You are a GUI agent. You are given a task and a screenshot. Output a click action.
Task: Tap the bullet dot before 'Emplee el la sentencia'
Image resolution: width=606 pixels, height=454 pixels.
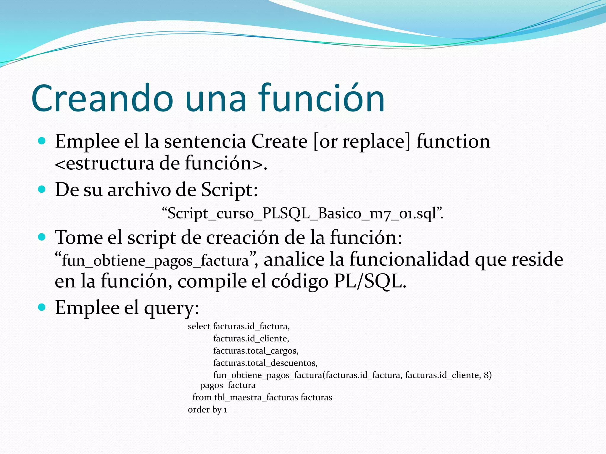pyautogui.click(x=42, y=141)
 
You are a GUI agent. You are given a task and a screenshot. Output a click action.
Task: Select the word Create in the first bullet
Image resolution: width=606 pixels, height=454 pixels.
pyautogui.click(x=279, y=141)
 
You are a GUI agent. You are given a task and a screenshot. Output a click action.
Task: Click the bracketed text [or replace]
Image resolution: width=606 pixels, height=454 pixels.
pyautogui.click(x=362, y=141)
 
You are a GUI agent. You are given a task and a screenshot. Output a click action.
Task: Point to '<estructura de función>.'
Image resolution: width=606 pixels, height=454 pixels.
pyautogui.click(x=161, y=163)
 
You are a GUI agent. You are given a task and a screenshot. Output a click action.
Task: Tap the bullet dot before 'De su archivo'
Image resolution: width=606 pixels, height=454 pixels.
pyautogui.click(x=42, y=189)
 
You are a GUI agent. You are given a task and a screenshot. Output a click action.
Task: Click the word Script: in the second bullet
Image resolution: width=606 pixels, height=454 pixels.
pyautogui.click(x=229, y=190)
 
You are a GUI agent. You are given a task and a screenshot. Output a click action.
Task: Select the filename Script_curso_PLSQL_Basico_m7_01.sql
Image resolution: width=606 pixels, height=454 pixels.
pyautogui.click(x=302, y=213)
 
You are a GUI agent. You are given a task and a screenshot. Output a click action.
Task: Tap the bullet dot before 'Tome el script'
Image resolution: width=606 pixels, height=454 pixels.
pyautogui.click(x=42, y=237)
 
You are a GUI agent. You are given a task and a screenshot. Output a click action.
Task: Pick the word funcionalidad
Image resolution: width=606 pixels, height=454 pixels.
pyautogui.click(x=410, y=260)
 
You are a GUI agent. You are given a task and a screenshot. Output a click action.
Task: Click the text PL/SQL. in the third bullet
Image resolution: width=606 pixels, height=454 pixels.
pyautogui.click(x=370, y=281)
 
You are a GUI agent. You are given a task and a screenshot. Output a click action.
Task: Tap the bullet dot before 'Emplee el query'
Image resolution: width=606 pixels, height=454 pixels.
pyautogui.click(x=42, y=307)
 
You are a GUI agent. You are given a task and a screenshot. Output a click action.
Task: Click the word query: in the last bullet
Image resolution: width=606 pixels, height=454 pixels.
pyautogui.click(x=171, y=308)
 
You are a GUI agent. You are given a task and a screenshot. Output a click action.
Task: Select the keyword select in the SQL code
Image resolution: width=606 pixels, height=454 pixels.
pyautogui.click(x=199, y=326)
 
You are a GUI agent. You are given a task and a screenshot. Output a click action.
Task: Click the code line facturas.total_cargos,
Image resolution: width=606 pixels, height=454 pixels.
pyautogui.click(x=256, y=351)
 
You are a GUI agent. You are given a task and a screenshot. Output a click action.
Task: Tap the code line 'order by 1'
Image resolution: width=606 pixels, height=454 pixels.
pyautogui.click(x=207, y=410)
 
